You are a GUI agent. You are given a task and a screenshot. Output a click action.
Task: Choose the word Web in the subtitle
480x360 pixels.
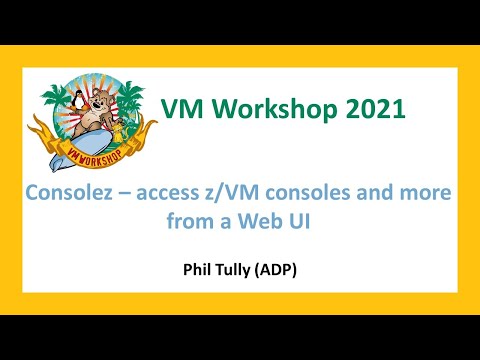click(x=265, y=222)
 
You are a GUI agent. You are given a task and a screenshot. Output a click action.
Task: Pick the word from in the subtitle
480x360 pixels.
click(x=198, y=222)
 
